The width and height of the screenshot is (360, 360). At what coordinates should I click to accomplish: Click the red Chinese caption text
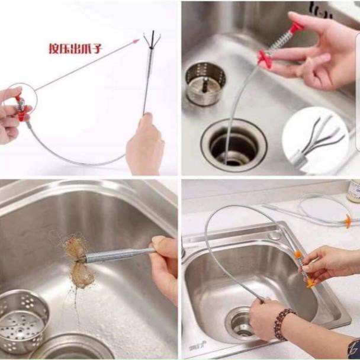pyautogui.click(x=75, y=48)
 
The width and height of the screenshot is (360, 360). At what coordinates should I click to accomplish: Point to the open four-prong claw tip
pyautogui.click(x=152, y=39)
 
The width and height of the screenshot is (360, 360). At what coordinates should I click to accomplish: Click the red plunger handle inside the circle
pyautogui.click(x=21, y=107)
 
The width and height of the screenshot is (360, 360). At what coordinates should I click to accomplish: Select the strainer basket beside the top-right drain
pyautogui.click(x=205, y=83)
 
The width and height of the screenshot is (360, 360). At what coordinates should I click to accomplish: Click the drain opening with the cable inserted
pyautogui.click(x=234, y=144)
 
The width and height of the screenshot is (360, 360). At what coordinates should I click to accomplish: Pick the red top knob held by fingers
pyautogui.click(x=297, y=27)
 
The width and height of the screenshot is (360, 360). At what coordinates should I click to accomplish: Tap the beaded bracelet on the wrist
pyautogui.click(x=282, y=324)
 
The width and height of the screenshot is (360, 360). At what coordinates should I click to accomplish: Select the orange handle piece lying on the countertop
pyautogui.click(x=348, y=221)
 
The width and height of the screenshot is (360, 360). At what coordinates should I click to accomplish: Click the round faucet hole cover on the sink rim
pyautogui.click(x=275, y=236)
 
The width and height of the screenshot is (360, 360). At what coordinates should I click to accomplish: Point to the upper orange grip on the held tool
pyautogui.click(x=298, y=254)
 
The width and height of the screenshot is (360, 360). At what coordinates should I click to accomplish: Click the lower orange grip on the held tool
pyautogui.click(x=311, y=282)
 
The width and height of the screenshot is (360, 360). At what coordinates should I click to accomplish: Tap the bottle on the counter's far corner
pyautogui.click(x=354, y=191)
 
